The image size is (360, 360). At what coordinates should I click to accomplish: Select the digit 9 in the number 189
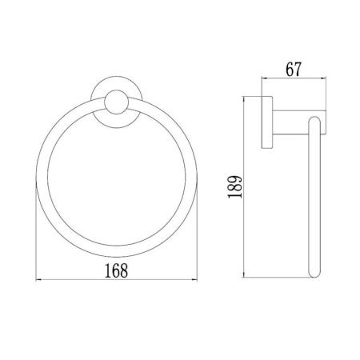(235, 180)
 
